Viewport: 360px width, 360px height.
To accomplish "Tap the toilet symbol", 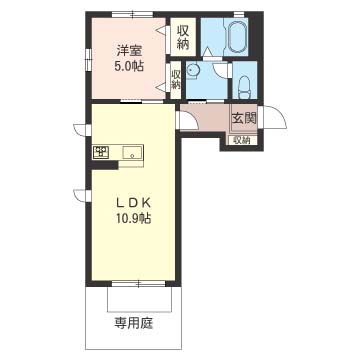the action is pyautogui.click(x=245, y=87).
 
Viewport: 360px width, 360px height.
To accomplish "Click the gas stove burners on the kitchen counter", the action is pyautogui.click(x=101, y=152).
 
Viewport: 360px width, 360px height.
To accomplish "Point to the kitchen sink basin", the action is pyautogui.click(x=132, y=153).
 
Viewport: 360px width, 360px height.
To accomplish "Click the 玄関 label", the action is pyautogui.click(x=244, y=118).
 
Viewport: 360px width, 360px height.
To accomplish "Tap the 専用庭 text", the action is pyautogui.click(x=135, y=323).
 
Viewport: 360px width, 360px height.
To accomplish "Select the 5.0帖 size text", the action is pyautogui.click(x=130, y=66).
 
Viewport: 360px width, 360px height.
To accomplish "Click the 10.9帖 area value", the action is pyautogui.click(x=133, y=218).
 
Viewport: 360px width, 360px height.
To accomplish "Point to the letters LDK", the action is pyautogui.click(x=133, y=203).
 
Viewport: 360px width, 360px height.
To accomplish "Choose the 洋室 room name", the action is pyautogui.click(x=130, y=51).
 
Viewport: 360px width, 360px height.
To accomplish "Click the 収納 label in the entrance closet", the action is pyautogui.click(x=242, y=140).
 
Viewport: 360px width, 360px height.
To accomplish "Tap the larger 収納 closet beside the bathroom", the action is pyautogui.click(x=183, y=37).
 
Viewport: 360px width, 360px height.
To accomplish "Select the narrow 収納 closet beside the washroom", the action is pyautogui.click(x=175, y=80).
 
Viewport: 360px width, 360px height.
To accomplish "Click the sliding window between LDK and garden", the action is pyautogui.click(x=138, y=284).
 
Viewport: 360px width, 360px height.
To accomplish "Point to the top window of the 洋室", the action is pyautogui.click(x=132, y=14).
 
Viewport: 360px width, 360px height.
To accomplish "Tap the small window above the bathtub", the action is pyautogui.click(x=238, y=14).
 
